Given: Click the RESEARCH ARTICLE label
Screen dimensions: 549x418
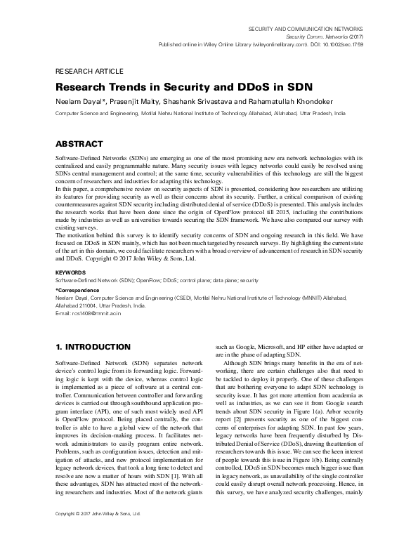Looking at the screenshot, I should [x=89, y=72].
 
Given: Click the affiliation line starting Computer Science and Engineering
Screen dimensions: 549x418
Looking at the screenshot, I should [x=200, y=112].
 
